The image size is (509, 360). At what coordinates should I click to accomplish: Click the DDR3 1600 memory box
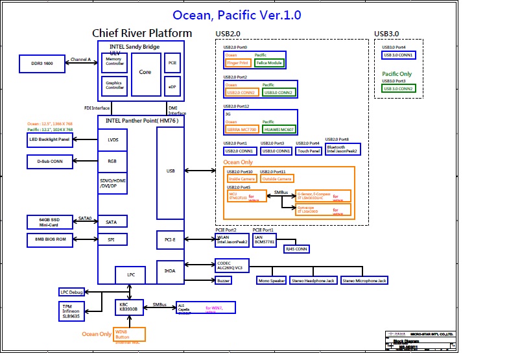(41, 64)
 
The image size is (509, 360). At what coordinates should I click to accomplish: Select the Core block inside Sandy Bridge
(145, 72)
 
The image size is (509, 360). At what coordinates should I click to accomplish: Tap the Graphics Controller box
(115, 86)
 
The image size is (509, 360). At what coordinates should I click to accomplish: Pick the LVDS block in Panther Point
(113, 139)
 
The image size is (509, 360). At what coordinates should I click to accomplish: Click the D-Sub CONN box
(49, 162)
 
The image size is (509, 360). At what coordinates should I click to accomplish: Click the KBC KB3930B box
(126, 307)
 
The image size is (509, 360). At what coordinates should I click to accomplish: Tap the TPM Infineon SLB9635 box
(71, 311)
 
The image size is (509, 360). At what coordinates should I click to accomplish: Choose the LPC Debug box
(71, 292)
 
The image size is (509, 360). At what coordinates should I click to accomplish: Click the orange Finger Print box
(238, 63)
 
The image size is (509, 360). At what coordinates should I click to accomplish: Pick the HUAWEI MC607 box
(279, 129)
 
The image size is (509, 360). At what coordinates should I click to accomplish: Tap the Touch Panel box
(308, 150)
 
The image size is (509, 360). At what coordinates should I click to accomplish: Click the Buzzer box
(224, 280)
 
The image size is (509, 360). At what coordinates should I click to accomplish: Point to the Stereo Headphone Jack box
(314, 280)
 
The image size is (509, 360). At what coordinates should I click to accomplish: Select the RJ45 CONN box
(298, 248)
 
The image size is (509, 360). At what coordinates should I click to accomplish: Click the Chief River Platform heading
(142, 33)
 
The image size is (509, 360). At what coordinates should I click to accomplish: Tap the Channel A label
(80, 59)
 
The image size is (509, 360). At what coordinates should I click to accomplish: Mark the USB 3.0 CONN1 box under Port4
(398, 55)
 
